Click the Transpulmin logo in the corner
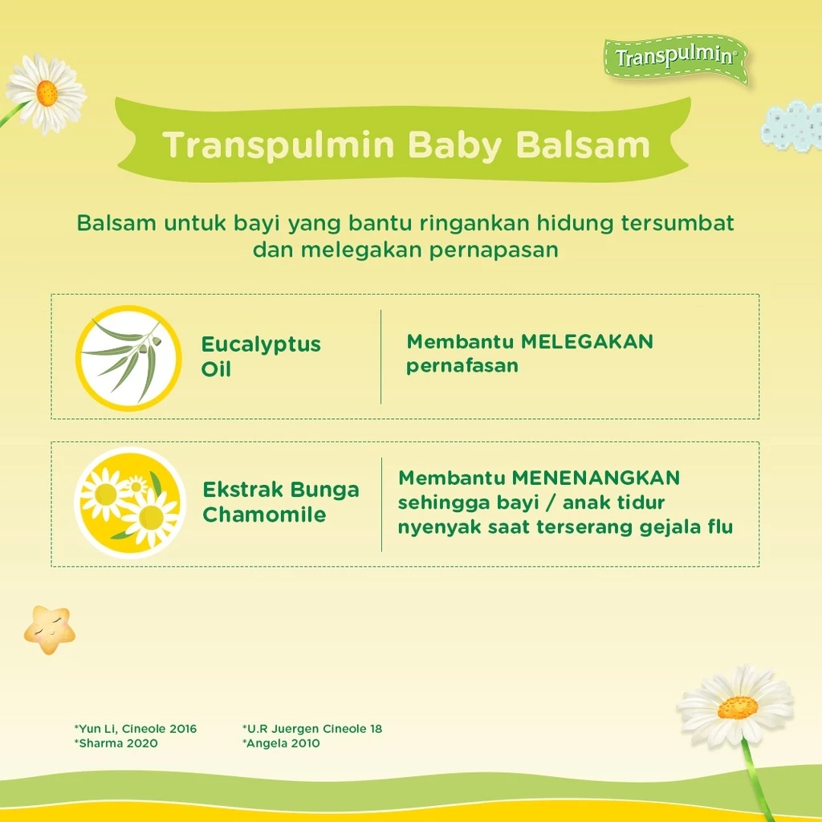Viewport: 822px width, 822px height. coord(676,58)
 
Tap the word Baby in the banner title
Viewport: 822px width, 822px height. coord(454,145)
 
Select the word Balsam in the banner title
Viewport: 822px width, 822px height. coord(583,144)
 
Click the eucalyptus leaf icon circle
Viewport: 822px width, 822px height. coord(128,358)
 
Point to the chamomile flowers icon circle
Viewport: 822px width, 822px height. coord(130,503)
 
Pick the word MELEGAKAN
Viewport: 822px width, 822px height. coord(587,342)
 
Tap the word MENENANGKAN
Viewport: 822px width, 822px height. coord(596,478)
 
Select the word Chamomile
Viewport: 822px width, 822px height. coord(264,515)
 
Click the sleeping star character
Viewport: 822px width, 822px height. coord(49,629)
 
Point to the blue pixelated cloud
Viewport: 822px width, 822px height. coord(791,126)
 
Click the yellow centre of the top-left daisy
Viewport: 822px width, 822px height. coord(47,93)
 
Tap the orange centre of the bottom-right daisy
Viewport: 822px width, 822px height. coord(738,707)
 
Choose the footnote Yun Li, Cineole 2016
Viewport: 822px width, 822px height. coord(135,729)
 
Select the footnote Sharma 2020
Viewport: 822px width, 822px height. coord(116,743)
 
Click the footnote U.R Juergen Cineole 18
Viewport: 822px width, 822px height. coord(312,729)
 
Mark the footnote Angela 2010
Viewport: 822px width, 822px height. coord(281,743)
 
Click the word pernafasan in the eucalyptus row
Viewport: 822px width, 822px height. coord(462,366)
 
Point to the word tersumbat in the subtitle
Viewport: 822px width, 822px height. coord(678,223)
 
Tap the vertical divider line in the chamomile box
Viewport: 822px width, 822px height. coord(381,504)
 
